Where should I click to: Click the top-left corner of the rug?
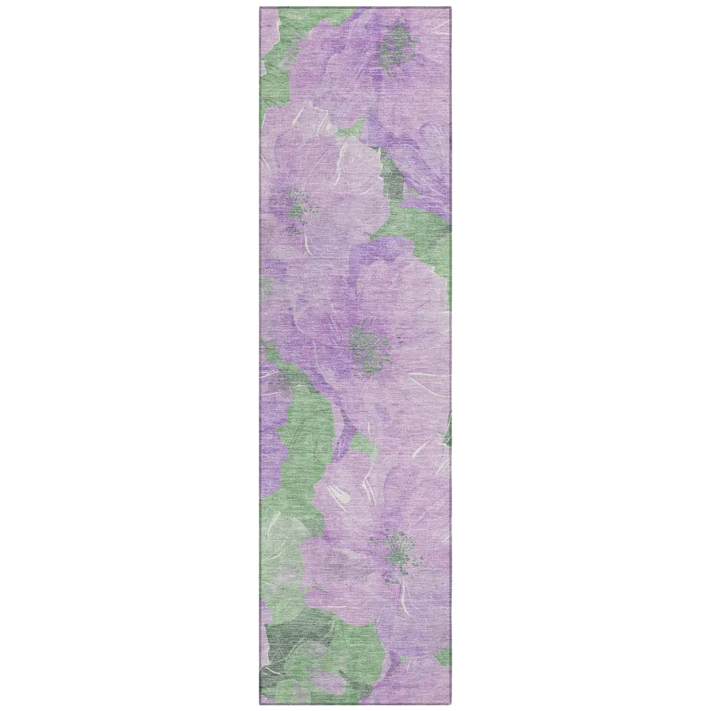tap(260, 8)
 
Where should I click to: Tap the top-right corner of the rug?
tap(451, 8)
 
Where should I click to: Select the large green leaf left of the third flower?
tap(299, 427)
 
